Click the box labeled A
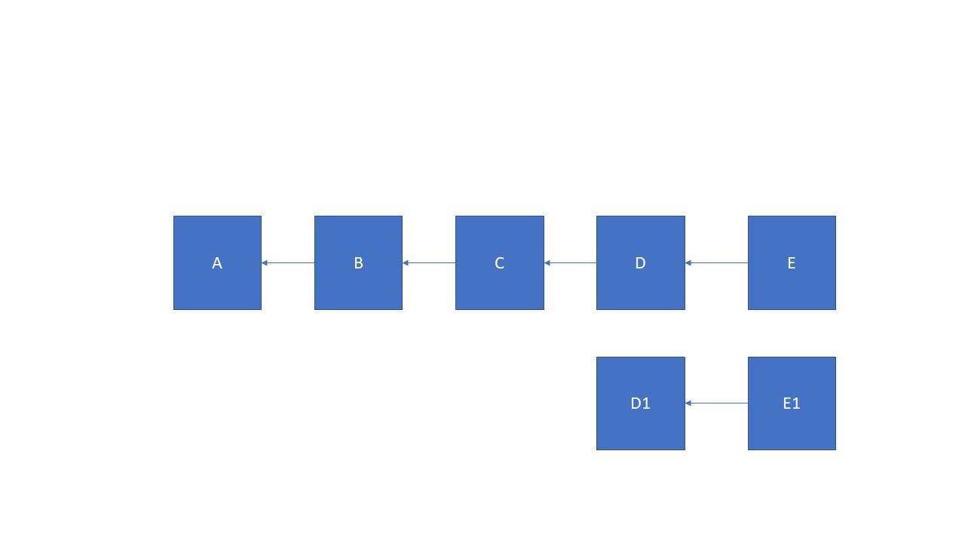click(217, 263)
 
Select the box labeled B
click(358, 263)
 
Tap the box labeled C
click(500, 263)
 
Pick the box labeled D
click(641, 263)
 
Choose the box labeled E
click(792, 263)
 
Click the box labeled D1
click(641, 403)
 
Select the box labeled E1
click(792, 403)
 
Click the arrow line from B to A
click(288, 263)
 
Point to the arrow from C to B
click(429, 263)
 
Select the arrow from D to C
click(571, 263)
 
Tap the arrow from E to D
click(716, 263)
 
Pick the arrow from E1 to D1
click(716, 403)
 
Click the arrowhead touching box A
click(265, 263)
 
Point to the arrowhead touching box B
click(406, 263)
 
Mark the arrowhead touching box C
click(547, 263)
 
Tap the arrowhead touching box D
click(688, 263)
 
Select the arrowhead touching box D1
click(688, 403)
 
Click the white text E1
click(792, 403)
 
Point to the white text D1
click(640, 403)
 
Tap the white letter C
click(499, 263)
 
